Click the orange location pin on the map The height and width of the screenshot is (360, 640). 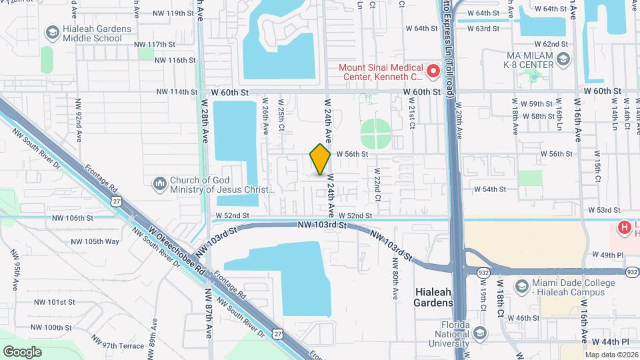click(x=320, y=159)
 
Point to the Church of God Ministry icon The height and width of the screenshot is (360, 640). click(x=159, y=183)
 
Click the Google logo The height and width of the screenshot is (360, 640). click(x=22, y=351)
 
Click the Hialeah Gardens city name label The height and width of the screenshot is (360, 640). click(x=434, y=297)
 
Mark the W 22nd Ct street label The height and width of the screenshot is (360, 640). click(x=377, y=188)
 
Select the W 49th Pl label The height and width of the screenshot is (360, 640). click(x=607, y=255)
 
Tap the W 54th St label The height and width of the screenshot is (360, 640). click(x=491, y=189)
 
